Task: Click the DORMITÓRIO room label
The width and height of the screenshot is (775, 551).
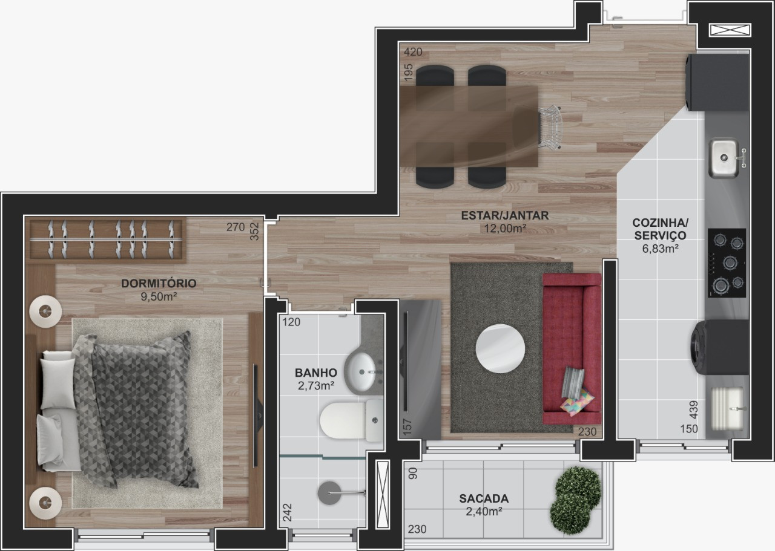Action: pyautogui.click(x=158, y=283)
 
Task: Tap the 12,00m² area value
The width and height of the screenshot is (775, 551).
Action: pyautogui.click(x=504, y=228)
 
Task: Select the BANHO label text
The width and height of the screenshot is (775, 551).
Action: pyautogui.click(x=316, y=373)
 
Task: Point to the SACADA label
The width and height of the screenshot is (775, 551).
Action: pyautogui.click(x=483, y=499)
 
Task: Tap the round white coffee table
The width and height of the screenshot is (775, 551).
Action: pyautogui.click(x=500, y=349)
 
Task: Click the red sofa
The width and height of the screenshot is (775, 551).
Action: pyautogui.click(x=572, y=348)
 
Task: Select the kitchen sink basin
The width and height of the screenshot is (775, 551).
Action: pyautogui.click(x=723, y=158)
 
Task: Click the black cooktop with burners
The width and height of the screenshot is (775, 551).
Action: pyautogui.click(x=727, y=262)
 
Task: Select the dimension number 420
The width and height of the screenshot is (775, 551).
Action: pyautogui.click(x=413, y=52)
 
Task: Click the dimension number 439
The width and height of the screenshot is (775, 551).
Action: pyautogui.click(x=694, y=411)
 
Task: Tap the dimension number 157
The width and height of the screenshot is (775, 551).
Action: pyautogui.click(x=407, y=428)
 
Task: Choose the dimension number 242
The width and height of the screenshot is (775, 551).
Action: pyautogui.click(x=288, y=514)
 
